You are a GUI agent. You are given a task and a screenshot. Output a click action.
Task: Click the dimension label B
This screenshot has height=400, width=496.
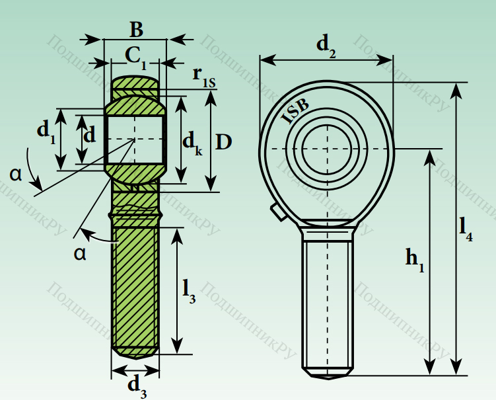(135, 30)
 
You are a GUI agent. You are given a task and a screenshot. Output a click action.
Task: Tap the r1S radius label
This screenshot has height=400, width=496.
(204, 76)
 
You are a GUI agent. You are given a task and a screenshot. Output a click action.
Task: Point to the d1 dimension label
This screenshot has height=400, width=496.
(46, 132)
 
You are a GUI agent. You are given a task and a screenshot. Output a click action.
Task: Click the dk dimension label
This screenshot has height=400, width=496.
(192, 142)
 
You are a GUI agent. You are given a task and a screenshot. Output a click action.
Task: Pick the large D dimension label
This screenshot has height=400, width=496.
(224, 141)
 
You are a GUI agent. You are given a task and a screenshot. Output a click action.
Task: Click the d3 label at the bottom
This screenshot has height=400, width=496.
(137, 385)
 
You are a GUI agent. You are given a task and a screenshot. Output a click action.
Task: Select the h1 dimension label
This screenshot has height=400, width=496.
(415, 259)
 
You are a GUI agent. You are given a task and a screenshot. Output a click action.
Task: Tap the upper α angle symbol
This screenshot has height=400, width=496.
(16, 174)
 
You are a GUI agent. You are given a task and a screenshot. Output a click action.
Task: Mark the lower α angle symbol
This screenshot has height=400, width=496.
(80, 253)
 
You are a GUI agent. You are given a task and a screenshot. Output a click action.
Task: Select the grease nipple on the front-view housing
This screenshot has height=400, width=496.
(275, 212)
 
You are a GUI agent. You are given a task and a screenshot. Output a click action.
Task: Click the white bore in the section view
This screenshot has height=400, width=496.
(134, 139)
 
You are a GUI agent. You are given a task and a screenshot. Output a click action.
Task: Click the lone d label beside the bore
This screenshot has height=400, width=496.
(89, 135)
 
